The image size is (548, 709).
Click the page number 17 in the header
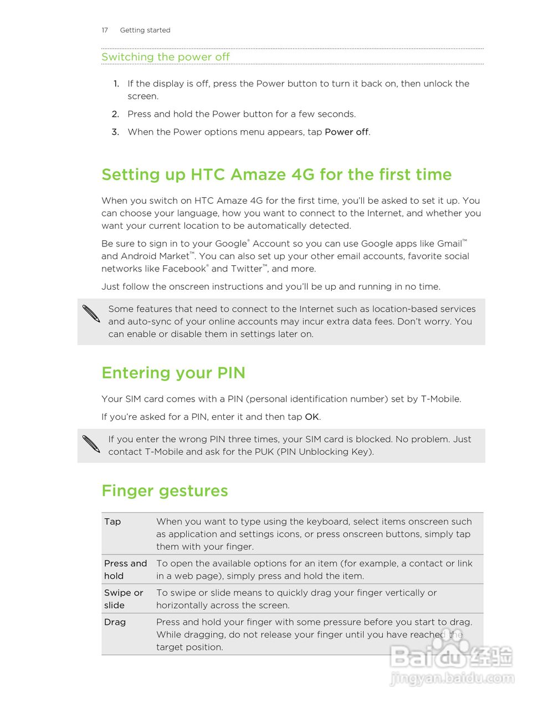105,30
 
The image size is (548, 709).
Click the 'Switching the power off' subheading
165,57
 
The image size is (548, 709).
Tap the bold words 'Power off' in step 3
346,132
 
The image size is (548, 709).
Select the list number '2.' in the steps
115,114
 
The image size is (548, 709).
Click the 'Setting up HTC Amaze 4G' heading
276,174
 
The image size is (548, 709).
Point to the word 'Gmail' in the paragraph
449,244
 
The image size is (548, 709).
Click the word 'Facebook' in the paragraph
184,269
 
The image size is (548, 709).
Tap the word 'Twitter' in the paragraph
246,269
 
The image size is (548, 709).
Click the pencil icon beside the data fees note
91,314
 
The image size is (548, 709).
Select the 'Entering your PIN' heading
173,373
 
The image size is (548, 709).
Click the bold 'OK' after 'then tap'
312,417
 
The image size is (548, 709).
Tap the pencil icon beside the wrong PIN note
91,444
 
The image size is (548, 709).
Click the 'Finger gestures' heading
165,491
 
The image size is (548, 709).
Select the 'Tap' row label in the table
112,521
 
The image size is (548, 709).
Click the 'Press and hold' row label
125,569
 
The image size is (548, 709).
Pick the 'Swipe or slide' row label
124,599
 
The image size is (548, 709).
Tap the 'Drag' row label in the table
115,622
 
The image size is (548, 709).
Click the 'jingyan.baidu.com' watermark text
452,678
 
